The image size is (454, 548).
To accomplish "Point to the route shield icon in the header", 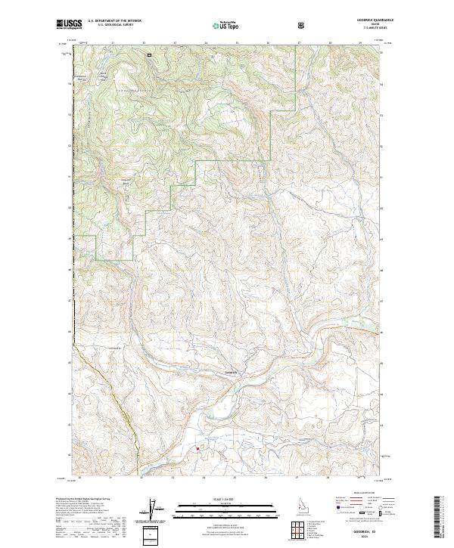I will point(303,26).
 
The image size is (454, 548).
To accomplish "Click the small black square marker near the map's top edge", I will point(149,54).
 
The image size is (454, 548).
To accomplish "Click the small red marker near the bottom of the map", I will point(198,448).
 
